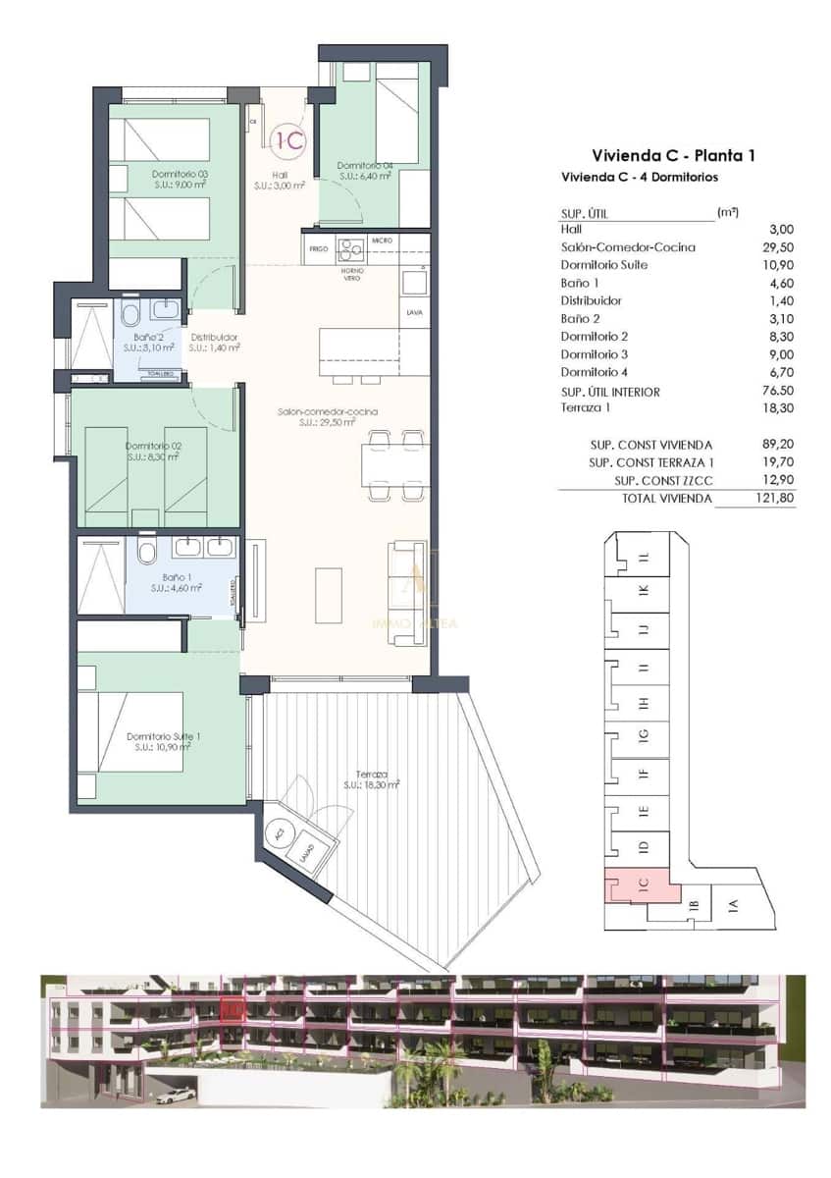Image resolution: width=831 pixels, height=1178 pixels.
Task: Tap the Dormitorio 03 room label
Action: [180, 179]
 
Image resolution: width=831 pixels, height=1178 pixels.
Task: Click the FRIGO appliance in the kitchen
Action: [318, 249]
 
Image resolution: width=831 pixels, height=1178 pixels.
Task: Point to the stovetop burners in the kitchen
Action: [350, 247]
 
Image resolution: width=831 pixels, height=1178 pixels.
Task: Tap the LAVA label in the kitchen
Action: [414, 313]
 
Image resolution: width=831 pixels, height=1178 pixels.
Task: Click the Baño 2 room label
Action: [148, 342]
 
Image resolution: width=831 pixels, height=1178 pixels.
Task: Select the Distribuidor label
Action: [214, 342]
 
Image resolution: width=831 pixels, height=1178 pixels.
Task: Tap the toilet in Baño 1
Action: [147, 552]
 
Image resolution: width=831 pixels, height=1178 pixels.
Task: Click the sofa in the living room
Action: [407, 593]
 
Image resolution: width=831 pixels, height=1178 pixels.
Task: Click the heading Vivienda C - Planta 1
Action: [672, 155]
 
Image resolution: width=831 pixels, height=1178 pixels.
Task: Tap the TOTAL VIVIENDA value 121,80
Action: [775, 499]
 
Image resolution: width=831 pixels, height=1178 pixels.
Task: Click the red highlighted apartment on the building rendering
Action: [233, 1008]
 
